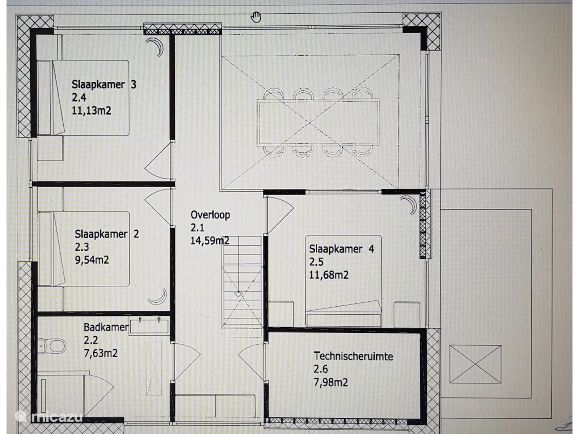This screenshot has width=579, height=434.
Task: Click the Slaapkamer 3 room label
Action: click(104, 85)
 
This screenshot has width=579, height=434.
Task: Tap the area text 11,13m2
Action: click(91, 110)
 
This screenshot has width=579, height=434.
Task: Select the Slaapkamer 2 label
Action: click(106, 234)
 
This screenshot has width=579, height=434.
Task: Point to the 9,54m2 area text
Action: click(92, 260)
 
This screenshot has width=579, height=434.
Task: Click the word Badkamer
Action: click(106, 327)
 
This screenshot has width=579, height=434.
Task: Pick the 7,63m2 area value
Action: click(101, 353)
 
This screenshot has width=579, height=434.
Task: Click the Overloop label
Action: click(210, 215)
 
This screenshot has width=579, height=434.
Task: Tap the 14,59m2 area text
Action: click(210, 241)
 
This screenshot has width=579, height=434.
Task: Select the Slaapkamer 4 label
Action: click(342, 249)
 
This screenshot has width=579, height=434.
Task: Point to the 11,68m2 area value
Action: click(329, 275)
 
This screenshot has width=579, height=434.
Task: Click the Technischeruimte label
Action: click(353, 356)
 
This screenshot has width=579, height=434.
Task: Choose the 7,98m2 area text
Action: click(331, 382)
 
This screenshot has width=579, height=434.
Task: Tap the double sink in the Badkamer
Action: click(149, 326)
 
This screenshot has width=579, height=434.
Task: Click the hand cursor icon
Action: click(255, 17)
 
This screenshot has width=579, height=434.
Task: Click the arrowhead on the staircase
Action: click(238, 294)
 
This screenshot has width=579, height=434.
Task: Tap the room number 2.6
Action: click(321, 369)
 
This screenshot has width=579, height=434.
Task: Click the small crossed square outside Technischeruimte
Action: click(475, 364)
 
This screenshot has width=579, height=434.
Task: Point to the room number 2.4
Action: click(79, 98)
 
